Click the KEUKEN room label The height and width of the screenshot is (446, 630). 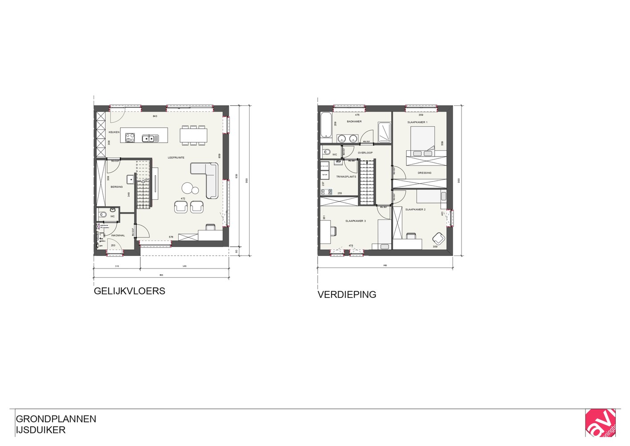coord(114,132)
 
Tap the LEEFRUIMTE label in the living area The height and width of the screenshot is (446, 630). coord(176,157)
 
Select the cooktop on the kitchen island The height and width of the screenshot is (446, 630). coord(130,138)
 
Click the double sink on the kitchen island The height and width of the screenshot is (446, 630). coord(150,138)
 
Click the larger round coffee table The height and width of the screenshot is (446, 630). coord(187,188)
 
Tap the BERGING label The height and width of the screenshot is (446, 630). coord(117,187)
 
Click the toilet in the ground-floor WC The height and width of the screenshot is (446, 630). coord(102,215)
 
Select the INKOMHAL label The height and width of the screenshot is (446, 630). coord(118,235)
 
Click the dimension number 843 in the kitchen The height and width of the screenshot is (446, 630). coord(155,116)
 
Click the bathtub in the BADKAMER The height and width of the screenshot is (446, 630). coord(325,125)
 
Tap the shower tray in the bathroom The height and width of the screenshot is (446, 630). coord(384,132)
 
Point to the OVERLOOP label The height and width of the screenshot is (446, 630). coord(365,153)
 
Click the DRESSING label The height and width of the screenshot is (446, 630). coord(424,173)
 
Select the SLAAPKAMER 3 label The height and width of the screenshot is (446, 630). coord(356,221)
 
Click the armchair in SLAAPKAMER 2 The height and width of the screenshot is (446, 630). coord(438,238)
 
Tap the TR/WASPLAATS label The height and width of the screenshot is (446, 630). coord(346,177)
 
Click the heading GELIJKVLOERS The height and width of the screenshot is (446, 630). coord(129,291)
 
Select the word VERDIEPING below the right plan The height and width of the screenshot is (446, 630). coord(347,294)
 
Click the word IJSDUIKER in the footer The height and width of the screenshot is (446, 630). coord(41,430)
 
